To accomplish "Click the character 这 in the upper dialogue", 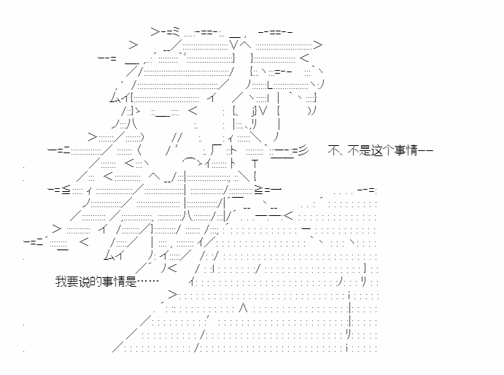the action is pyautogui.click(x=377, y=150).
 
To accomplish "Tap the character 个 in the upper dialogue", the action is pyautogui.click(x=388, y=150).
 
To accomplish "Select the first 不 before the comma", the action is pyautogui.click(x=333, y=150).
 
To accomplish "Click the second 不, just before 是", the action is pyautogui.click(x=353, y=150).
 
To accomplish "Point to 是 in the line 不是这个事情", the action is pyautogui.click(x=365, y=150).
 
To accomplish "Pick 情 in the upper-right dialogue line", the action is pyautogui.click(x=412, y=150).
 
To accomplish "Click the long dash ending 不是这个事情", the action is pyautogui.click(x=425, y=150).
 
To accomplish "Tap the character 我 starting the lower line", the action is pyautogui.click(x=61, y=282).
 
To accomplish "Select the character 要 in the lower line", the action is pyautogui.click(x=73, y=282).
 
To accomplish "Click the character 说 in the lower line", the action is pyautogui.click(x=84, y=282).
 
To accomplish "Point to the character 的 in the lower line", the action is pyautogui.click(x=96, y=282).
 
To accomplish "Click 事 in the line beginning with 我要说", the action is pyautogui.click(x=108, y=282).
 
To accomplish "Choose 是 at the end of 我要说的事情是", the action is pyautogui.click(x=131, y=282).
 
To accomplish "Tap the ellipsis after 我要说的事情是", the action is pyautogui.click(x=148, y=281).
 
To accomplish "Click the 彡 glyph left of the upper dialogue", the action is pyautogui.click(x=303, y=150).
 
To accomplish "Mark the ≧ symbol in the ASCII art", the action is pyautogui.click(x=258, y=190).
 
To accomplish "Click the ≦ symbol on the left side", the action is pyautogui.click(x=66, y=190).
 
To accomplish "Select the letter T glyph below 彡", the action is pyautogui.click(x=255, y=164).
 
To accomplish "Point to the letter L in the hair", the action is pyautogui.click(x=270, y=85).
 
